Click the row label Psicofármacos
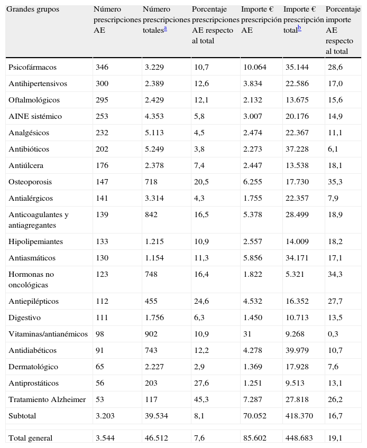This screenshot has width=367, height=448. coord(32,68)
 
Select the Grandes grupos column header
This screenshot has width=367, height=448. coord(33,10)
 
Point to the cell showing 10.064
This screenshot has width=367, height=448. coord(254,68)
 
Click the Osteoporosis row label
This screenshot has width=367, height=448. coord(30,182)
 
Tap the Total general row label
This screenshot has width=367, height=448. coord(31,438)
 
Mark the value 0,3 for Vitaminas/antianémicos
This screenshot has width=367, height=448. coord(333,334)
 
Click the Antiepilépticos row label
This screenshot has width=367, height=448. coord(34,302)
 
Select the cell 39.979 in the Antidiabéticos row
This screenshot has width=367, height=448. coord(297,351)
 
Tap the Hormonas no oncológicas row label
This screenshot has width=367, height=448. coord(31,279)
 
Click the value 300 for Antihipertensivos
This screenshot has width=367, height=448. coord(102,84)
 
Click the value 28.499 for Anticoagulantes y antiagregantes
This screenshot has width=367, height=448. coord(297,215)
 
